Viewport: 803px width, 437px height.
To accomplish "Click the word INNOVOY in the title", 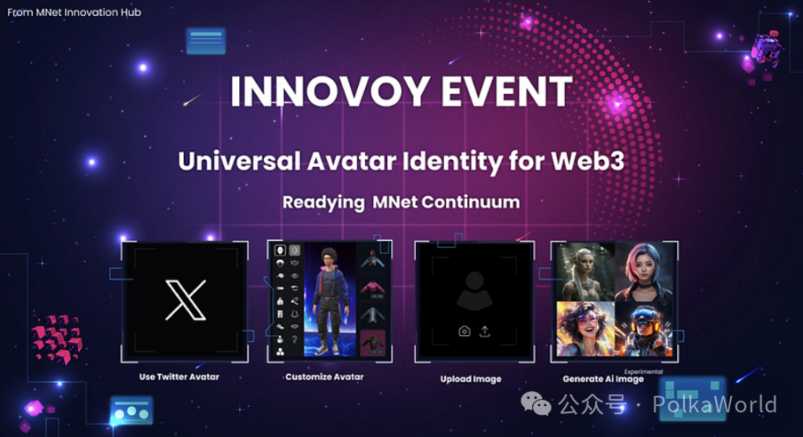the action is click(330, 91).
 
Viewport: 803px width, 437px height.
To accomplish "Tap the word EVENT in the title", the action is click(507, 91).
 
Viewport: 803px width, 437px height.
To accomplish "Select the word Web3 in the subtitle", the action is click(588, 161).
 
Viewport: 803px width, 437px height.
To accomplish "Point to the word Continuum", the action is click(471, 201).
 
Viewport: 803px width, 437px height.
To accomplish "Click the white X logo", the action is click(186, 300).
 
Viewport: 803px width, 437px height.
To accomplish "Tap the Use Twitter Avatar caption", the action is click(179, 376).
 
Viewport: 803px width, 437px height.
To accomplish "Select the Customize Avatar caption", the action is click(325, 376).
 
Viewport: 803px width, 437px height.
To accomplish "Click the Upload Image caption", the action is click(471, 379).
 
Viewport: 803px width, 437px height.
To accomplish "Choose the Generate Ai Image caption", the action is click(602, 379).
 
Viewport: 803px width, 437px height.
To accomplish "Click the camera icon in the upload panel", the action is click(464, 331).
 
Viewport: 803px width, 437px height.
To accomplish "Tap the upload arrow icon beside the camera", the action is click(485, 331).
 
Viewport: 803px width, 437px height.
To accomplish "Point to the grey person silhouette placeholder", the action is click(475, 291).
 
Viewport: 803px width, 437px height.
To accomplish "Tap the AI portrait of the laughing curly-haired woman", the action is click(586, 329).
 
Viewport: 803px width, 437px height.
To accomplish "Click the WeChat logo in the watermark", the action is click(536, 404).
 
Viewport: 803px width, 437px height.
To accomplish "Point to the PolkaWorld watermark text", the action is click(714, 404).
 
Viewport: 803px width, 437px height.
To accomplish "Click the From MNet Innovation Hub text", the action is click(74, 12).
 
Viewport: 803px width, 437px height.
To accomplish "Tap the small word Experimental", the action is click(643, 372).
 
